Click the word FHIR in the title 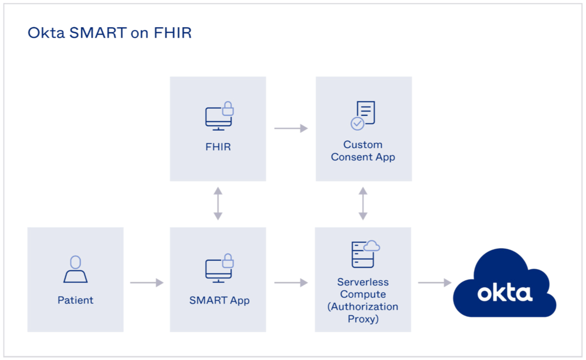point(172,33)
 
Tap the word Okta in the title point(46,33)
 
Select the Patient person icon point(76,269)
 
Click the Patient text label point(76,300)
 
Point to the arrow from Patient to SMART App point(146,283)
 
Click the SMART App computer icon point(219,268)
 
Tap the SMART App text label point(219,301)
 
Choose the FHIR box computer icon point(219,116)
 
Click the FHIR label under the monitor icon point(218,147)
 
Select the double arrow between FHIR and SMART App point(218,204)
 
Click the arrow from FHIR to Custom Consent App point(291,128)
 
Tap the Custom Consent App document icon point(363,115)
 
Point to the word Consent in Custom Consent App point(352,157)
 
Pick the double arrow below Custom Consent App point(363,204)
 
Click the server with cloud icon point(365,253)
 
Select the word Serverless point(363,282)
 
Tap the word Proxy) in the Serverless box point(363,319)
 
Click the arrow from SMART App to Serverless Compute point(291,283)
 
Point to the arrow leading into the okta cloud point(435,283)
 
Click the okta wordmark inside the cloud point(505,293)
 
